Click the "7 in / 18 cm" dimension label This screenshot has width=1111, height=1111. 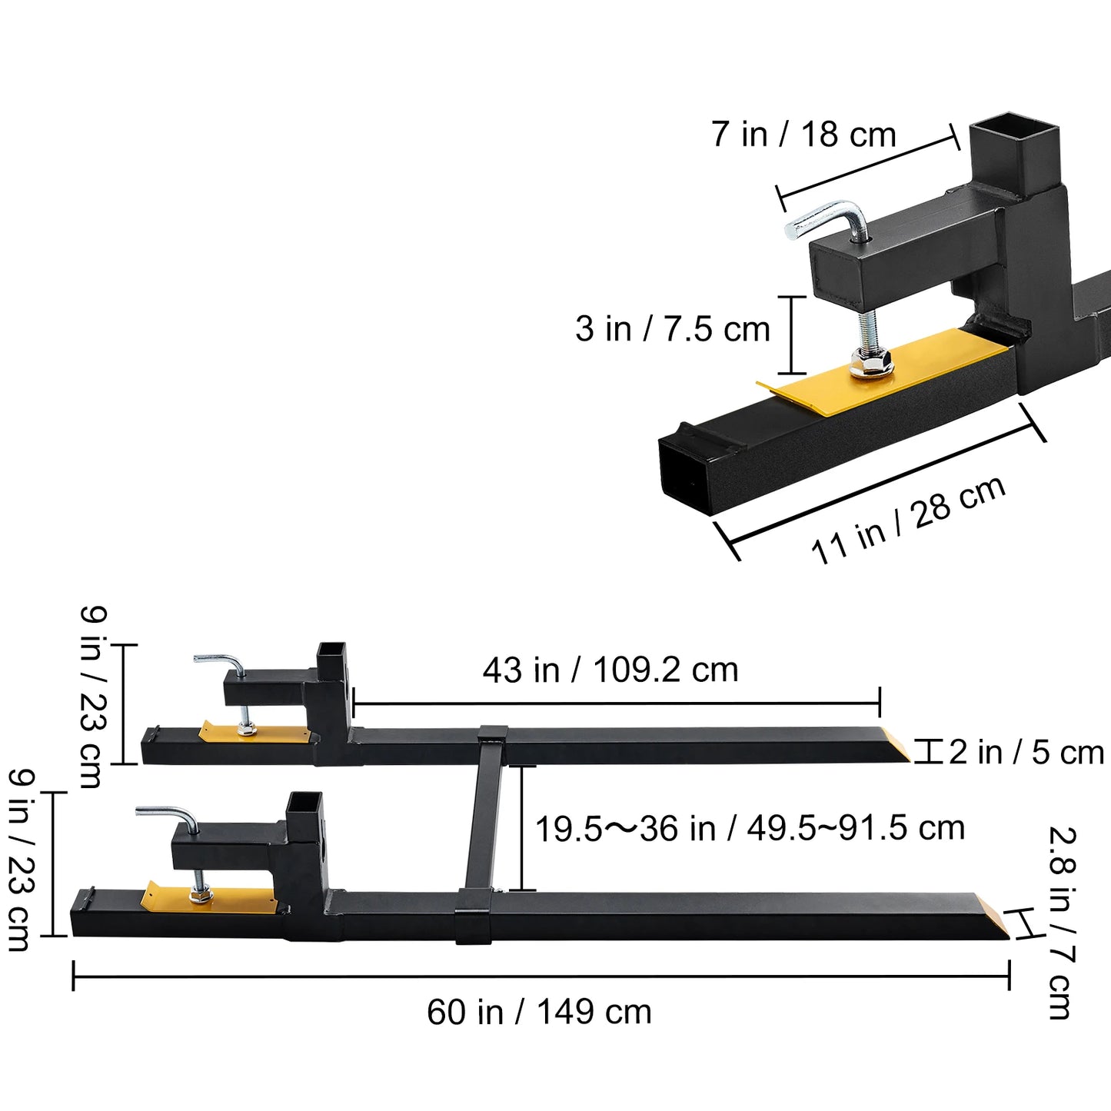coord(803,134)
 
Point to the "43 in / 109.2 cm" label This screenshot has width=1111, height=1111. coord(610,670)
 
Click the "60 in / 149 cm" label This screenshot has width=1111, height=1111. coord(539,1012)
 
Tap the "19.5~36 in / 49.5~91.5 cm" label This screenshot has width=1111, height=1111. coord(750,829)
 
